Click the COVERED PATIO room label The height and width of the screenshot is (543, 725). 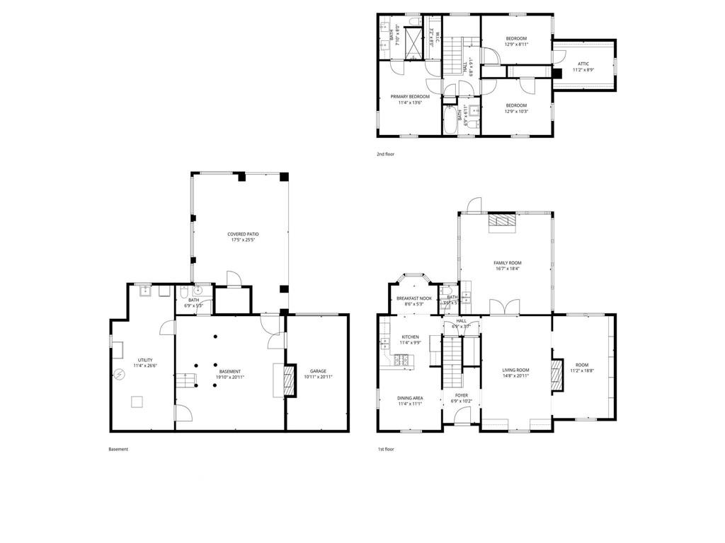243,234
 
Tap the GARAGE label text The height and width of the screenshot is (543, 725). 318,371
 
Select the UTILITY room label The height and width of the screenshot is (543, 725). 125,360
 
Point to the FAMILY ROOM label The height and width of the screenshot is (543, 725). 507,263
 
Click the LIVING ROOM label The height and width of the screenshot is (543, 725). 516,370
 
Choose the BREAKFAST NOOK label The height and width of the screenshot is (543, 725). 414,298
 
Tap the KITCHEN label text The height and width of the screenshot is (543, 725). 410,337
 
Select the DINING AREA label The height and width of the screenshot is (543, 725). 410,397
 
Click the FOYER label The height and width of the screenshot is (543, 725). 461,395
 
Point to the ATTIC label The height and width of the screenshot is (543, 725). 583,64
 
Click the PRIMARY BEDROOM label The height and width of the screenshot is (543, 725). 410,96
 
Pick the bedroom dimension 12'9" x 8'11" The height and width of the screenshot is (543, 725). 516,45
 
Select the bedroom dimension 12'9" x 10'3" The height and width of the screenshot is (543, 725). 516,111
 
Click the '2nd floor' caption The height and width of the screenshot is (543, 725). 386,153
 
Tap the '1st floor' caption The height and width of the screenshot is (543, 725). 386,449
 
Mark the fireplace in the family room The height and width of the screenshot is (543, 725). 503,221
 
